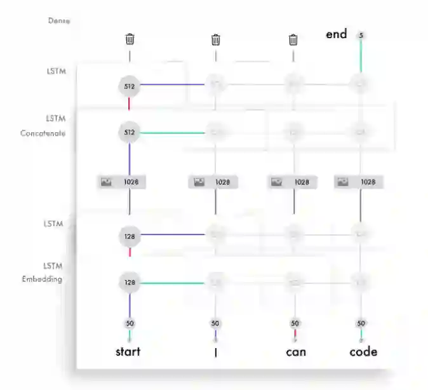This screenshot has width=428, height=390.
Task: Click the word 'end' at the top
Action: (336, 34)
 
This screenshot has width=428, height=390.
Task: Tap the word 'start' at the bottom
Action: (128, 351)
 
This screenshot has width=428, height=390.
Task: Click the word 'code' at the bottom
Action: (363, 351)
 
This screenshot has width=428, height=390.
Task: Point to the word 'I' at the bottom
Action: (215, 352)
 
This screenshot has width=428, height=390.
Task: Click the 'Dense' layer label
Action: (58, 20)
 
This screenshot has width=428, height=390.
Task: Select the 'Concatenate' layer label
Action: (43, 133)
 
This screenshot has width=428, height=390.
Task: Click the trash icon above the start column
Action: (130, 39)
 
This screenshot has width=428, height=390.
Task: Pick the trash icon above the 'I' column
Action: (215, 40)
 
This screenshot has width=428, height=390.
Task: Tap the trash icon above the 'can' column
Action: (293, 40)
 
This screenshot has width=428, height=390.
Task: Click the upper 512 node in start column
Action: (130, 84)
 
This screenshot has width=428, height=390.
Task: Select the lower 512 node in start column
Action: (130, 133)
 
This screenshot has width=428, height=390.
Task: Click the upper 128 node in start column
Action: (130, 236)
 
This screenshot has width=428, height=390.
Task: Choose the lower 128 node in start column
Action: (130, 283)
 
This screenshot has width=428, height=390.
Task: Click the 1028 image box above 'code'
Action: (359, 182)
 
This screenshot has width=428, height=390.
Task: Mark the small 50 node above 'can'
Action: (294, 323)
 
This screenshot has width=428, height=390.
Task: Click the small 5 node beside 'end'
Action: (361, 35)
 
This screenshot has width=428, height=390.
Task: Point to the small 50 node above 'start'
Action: (130, 323)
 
